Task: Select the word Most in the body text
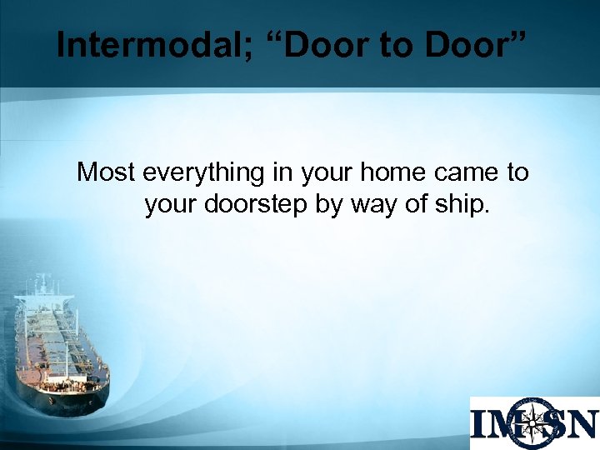107,172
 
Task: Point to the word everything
203,173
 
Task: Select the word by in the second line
329,204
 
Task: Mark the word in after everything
280,172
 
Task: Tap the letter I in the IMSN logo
479,424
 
